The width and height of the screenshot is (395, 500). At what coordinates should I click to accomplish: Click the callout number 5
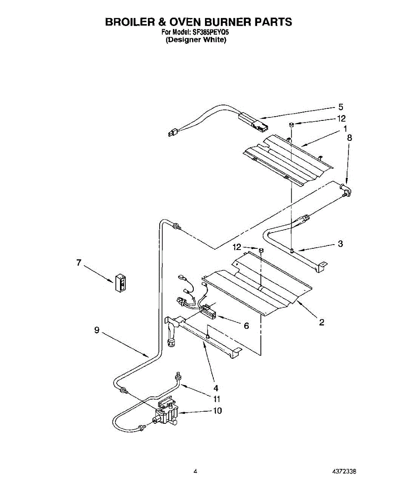point(340,107)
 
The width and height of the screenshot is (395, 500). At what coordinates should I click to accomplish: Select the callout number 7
point(78,263)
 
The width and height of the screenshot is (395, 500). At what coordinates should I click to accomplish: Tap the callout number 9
point(96,330)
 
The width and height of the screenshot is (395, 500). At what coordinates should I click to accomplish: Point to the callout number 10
point(217,410)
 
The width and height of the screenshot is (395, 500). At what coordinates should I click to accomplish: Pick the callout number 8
point(349,137)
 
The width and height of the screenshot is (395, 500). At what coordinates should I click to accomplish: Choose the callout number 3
point(340,244)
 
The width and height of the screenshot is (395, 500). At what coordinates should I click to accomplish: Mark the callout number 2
point(321,322)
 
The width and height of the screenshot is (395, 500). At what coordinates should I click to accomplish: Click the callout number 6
point(246,326)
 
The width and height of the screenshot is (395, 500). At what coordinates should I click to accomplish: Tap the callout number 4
point(215,387)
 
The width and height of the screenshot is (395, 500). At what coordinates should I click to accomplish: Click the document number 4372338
point(344,472)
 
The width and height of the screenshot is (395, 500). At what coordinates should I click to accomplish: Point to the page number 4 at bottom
point(195,472)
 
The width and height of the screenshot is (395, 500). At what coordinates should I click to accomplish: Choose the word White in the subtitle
point(214,40)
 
